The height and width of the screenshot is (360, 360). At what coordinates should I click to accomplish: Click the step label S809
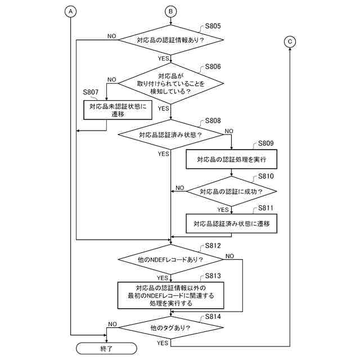pos(266,143)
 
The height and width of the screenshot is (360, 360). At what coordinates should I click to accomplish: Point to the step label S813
pos(213,276)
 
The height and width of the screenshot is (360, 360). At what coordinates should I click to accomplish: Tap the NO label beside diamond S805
pos(112,36)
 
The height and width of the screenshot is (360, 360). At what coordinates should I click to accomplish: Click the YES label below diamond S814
pos(163,343)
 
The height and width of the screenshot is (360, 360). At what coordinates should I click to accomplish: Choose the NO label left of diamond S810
pos(180,188)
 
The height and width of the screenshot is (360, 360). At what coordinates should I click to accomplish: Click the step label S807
pos(91,92)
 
